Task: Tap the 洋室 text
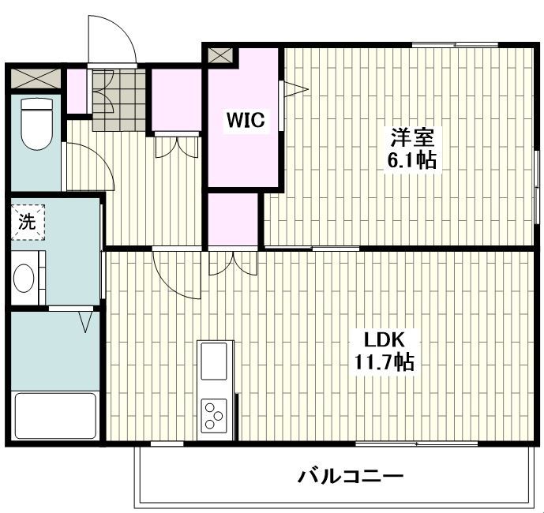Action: tap(411, 137)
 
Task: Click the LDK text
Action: tap(384, 340)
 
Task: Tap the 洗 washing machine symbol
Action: tap(28, 222)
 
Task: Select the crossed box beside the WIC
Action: tap(220, 57)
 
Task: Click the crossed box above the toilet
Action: tap(35, 78)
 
